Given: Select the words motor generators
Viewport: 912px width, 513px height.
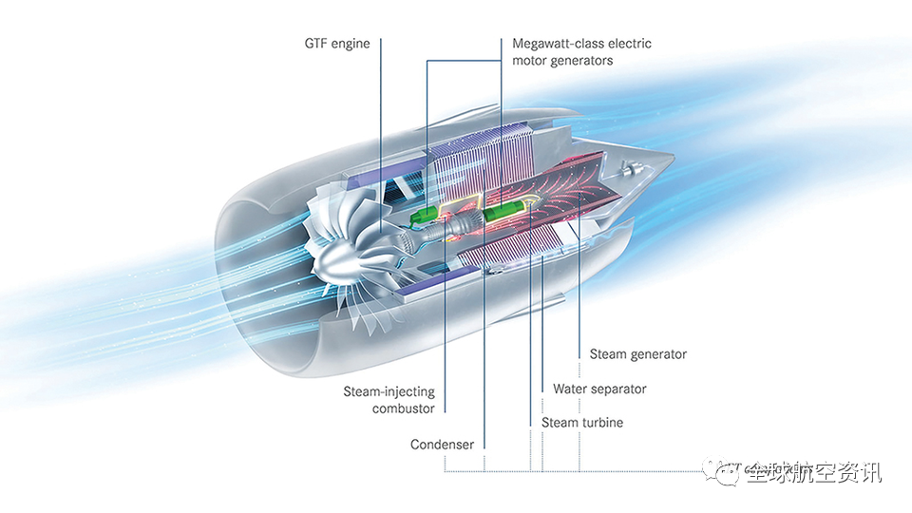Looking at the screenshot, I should coord(562,61).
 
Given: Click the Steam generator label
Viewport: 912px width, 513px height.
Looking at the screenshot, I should coord(637,354).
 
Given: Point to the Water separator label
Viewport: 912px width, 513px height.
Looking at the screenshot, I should coord(599,389).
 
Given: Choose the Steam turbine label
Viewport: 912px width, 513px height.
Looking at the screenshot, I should coord(582,422).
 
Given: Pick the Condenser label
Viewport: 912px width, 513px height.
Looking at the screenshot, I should coord(442,445).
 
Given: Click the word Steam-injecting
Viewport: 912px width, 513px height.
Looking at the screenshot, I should coord(389,391).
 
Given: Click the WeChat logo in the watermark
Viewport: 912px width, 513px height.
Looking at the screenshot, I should coord(729,473).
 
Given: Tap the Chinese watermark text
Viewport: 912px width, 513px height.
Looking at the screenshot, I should coord(813,473).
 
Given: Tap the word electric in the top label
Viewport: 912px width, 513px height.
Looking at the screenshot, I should coord(629,44).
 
